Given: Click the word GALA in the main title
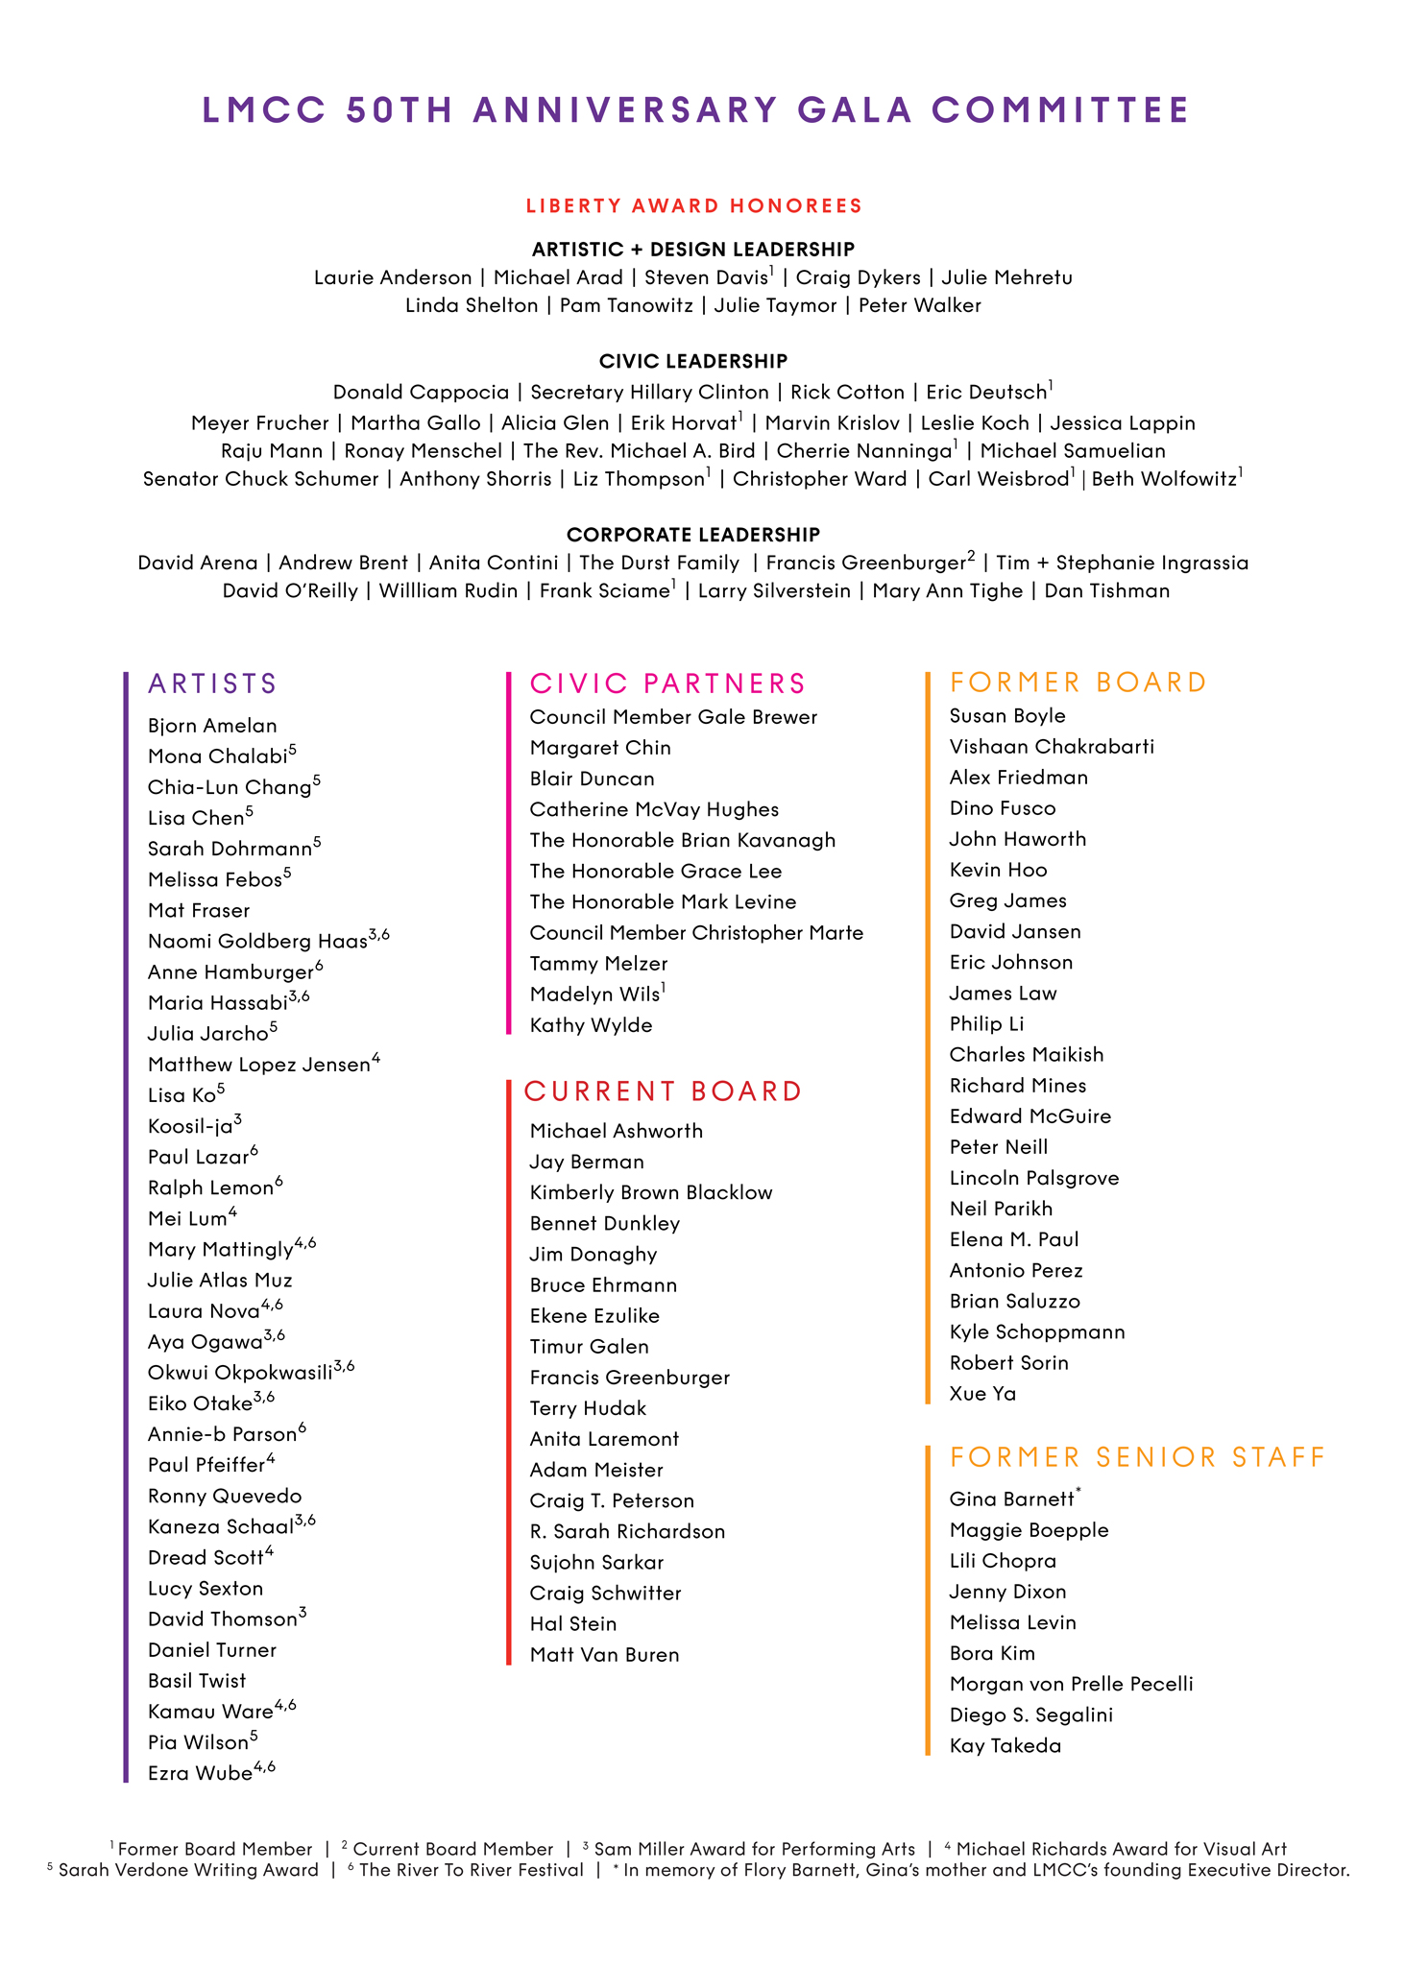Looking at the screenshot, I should point(855,109).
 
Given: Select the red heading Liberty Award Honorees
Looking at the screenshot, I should point(693,205).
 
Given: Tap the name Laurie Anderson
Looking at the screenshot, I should point(393,277).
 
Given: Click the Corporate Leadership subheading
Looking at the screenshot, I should point(693,534).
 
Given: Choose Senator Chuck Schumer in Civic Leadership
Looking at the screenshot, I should point(260,478).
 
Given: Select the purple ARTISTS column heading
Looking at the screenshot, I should point(212,683).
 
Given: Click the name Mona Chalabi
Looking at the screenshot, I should point(218,756).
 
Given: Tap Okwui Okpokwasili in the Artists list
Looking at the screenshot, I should point(240,1373).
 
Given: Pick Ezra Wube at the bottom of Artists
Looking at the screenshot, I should point(200,1773).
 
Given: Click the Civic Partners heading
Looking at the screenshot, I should point(667,683).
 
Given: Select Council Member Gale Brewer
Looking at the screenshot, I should point(673,717).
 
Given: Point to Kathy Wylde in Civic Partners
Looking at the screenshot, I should point(591,1025).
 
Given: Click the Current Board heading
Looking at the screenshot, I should point(663,1091).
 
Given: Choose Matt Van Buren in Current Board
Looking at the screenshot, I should point(604,1655).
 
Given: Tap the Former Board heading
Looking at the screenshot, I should point(1078,683).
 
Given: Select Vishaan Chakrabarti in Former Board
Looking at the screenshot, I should point(1052,747).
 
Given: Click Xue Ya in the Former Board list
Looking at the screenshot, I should point(982,1394).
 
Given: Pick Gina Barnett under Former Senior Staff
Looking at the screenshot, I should point(1011,1499).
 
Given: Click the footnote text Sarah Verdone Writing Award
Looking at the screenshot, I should point(188,1870).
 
